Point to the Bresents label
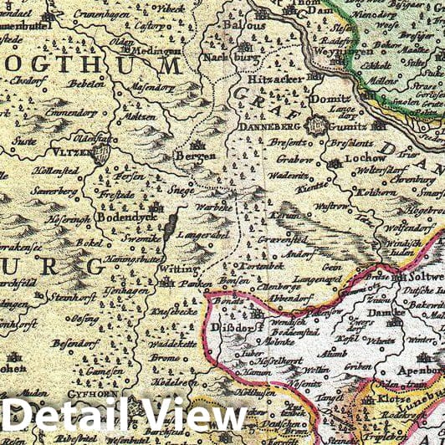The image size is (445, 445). pyautogui.click(x=287, y=144)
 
